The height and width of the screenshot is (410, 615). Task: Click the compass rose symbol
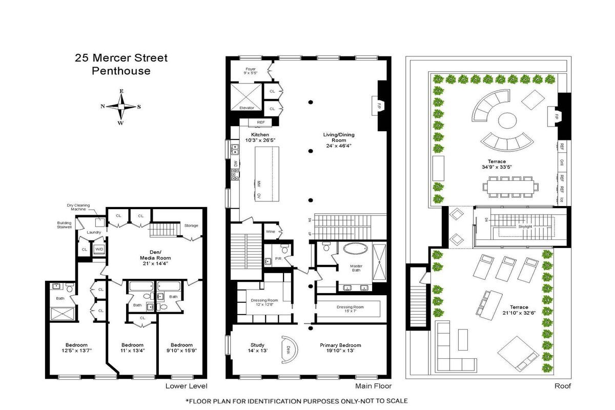(121, 107)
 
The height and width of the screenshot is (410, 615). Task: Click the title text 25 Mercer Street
(121, 58)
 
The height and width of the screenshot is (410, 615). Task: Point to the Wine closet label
(270, 231)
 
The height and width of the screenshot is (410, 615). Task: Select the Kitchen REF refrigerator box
(260, 122)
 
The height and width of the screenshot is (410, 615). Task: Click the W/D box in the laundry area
(98, 250)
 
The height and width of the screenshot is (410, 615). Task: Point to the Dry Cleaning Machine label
(78, 208)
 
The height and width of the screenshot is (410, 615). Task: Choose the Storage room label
(191, 225)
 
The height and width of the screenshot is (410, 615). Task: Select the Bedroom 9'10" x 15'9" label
(181, 348)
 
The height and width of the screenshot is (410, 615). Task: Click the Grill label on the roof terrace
(562, 162)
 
